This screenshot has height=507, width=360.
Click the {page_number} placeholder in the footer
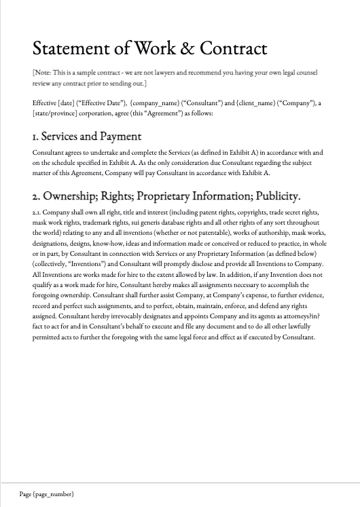point(54,494)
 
